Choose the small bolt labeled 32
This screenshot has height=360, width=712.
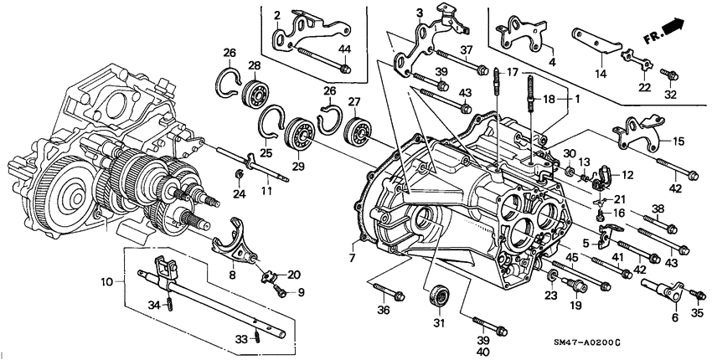(670, 75)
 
